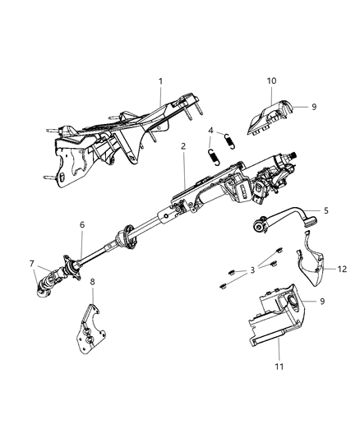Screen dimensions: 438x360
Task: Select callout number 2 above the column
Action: point(183,147)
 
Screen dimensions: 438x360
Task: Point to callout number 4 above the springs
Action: point(211,130)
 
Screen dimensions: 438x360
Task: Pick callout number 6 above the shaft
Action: point(81,225)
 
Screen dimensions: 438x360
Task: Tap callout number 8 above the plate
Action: point(92,305)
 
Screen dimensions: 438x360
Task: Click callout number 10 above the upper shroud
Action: point(270,82)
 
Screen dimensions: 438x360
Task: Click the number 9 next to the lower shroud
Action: point(321,302)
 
